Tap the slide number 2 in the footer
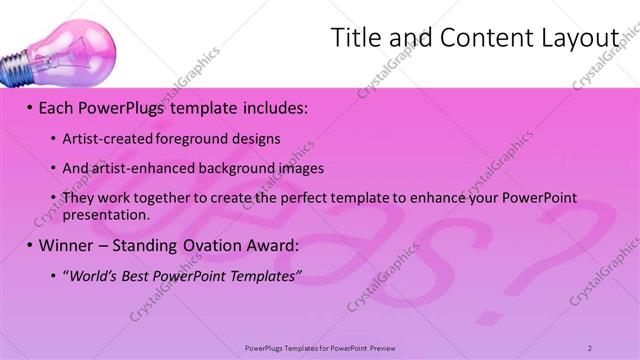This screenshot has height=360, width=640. tap(589, 347)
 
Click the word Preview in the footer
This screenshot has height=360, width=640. tap(389, 347)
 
